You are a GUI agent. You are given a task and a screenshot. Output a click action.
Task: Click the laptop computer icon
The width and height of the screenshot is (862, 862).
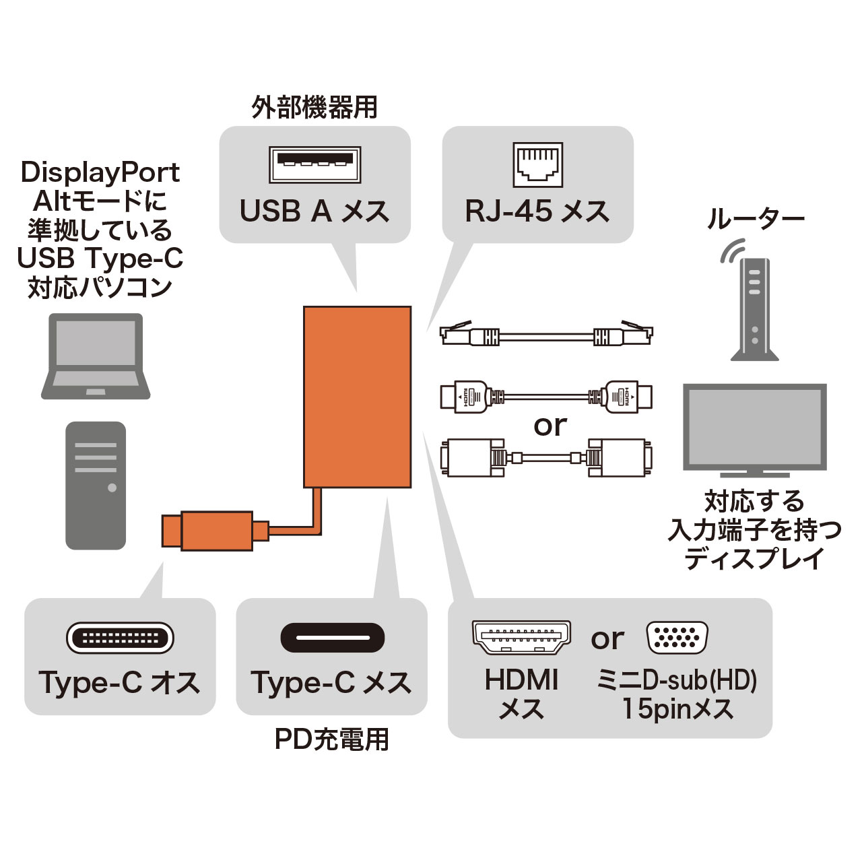click(x=96, y=356)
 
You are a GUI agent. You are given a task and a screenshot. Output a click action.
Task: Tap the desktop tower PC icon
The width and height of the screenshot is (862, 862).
click(x=96, y=485)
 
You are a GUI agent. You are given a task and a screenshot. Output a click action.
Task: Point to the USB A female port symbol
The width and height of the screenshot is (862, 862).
click(x=315, y=164)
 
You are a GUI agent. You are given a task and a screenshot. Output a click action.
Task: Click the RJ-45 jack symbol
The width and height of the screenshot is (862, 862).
click(x=538, y=164)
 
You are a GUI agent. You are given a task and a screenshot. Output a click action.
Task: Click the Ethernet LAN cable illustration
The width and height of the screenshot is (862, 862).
click(x=546, y=333)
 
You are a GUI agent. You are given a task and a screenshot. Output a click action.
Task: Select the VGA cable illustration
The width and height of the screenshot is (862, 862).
click(x=546, y=458)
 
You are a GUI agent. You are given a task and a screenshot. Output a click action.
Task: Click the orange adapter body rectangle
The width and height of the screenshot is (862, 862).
click(x=357, y=397)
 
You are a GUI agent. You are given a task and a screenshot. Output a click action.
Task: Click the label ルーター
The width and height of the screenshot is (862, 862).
click(x=755, y=220)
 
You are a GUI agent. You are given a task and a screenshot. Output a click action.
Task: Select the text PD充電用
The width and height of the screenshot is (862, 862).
click(x=332, y=739)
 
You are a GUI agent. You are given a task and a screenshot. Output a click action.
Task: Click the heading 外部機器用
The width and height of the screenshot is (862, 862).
click(x=314, y=108)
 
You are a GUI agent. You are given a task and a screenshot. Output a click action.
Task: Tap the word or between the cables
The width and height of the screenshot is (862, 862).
click(x=550, y=426)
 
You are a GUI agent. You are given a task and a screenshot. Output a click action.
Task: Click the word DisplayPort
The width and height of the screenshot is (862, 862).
click(x=100, y=172)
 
